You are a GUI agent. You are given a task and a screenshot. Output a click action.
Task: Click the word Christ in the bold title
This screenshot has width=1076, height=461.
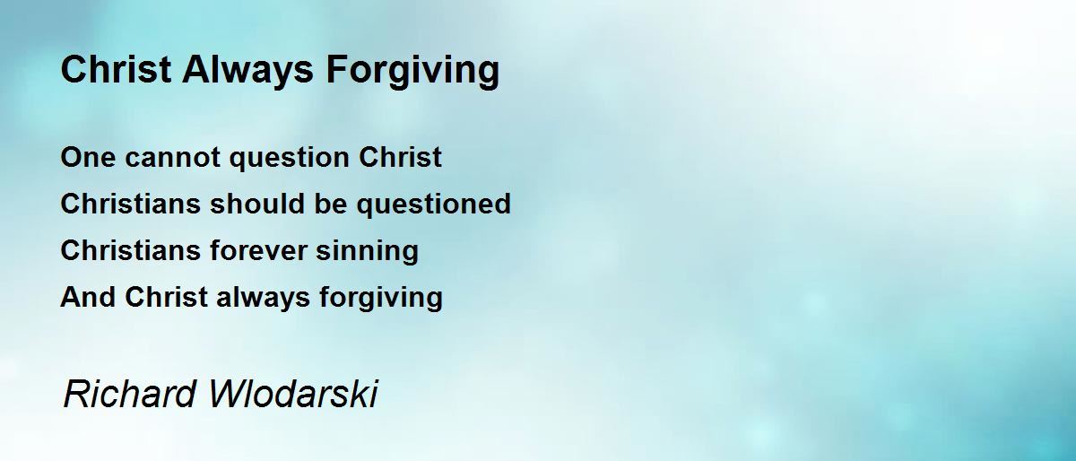click(x=116, y=69)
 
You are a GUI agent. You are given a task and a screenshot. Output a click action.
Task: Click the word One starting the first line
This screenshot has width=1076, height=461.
click(x=88, y=157)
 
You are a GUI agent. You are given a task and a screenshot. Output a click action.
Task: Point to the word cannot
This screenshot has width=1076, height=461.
click(x=172, y=158)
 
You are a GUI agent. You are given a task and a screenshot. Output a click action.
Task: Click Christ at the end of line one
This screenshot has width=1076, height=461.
click(x=400, y=157)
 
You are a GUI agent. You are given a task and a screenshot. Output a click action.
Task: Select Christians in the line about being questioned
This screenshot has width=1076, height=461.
click(x=130, y=204)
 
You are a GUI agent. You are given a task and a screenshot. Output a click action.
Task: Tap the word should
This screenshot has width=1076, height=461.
click(x=257, y=204)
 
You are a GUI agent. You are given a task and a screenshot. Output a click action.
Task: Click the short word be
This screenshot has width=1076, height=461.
click(x=331, y=204)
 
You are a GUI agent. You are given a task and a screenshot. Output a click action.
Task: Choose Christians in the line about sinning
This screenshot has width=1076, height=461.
click(x=130, y=250)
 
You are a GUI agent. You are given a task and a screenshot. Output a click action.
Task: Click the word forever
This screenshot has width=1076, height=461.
click(x=258, y=250)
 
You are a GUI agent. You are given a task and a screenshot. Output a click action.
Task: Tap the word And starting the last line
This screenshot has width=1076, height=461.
click(x=88, y=297)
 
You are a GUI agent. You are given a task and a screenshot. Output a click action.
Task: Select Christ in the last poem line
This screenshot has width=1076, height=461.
click(x=166, y=297)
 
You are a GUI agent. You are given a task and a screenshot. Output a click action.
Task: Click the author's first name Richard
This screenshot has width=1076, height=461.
click(x=130, y=394)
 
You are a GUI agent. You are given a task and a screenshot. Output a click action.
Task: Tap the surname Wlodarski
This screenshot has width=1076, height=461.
click(x=293, y=394)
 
